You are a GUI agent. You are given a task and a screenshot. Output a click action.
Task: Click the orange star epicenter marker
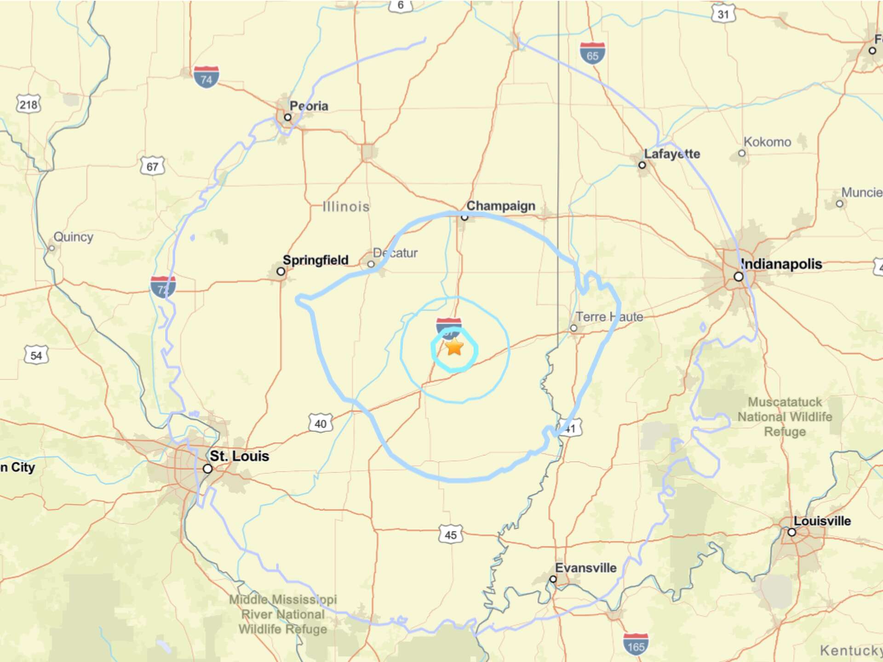point(454,348)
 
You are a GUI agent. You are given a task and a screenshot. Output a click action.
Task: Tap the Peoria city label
point(309,106)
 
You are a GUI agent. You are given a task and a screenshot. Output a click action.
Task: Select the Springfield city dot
point(281,272)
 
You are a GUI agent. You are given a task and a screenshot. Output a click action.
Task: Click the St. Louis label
point(239,456)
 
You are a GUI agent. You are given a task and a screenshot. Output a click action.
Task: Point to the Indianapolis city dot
point(738,277)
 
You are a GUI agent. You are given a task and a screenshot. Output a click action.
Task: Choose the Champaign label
point(500,206)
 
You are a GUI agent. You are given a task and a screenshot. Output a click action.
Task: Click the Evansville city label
point(585,568)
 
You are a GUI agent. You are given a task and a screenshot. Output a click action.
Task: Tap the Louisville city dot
point(791,532)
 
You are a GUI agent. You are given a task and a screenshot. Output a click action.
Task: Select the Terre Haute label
point(609,317)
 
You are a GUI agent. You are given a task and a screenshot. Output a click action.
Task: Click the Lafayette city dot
point(642,165)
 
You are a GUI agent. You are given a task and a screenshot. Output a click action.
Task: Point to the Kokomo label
point(767,142)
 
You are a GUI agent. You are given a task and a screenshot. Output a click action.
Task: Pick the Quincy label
point(73,237)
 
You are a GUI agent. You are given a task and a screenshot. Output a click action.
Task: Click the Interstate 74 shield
point(206,77)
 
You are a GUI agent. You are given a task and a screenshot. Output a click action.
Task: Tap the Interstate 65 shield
point(592,53)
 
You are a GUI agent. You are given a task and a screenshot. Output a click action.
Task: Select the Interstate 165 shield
point(636,644)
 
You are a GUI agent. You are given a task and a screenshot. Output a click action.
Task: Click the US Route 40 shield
point(320,423)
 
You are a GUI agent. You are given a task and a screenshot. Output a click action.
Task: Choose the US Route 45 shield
point(450,535)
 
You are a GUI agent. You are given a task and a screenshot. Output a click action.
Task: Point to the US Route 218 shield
point(29,105)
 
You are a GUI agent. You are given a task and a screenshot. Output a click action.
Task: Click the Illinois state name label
point(346,207)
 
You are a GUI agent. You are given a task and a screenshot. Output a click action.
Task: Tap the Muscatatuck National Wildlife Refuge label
point(785,417)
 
